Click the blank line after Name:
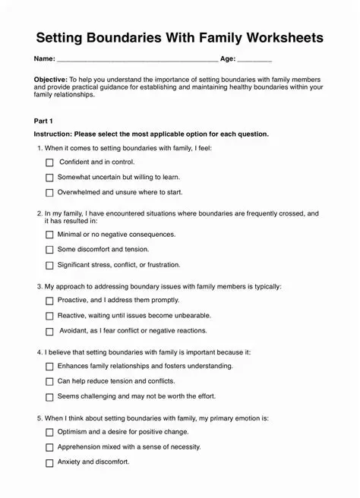(137, 59)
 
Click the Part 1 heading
(44, 121)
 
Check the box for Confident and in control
(50, 162)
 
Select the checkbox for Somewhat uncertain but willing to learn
(50, 178)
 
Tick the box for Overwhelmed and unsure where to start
(50, 193)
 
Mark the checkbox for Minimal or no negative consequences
(50, 235)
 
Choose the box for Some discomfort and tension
(50, 250)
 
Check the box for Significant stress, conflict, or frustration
(50, 266)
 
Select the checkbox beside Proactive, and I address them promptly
(50, 301)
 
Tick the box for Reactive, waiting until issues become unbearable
(50, 316)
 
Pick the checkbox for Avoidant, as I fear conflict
(50, 332)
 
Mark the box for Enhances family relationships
(50, 367)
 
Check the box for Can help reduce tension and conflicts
(50, 382)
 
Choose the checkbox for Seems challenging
(50, 397)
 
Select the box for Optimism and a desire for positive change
(50, 433)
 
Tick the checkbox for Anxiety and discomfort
(50, 462)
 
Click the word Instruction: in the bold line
(53, 134)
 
